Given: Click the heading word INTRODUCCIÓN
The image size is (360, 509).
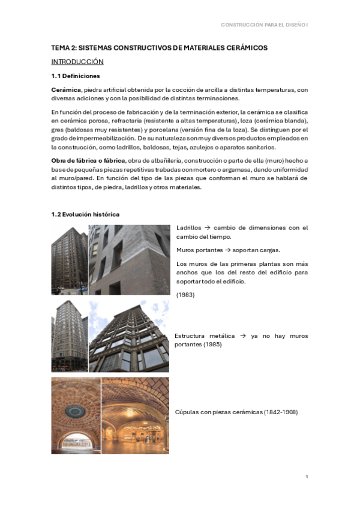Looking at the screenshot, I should (x=77, y=62).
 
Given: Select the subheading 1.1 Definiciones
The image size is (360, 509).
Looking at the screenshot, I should (x=76, y=76).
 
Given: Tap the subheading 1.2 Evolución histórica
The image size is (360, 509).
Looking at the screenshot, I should (x=85, y=214).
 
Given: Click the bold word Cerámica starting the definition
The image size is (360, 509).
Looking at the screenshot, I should (x=66, y=89).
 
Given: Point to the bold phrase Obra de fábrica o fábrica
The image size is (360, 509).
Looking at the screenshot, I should (x=88, y=161).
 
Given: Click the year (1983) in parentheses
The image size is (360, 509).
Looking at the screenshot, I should (x=186, y=294).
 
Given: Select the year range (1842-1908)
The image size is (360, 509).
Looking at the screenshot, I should (x=278, y=412).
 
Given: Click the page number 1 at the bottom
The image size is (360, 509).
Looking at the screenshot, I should (x=307, y=477).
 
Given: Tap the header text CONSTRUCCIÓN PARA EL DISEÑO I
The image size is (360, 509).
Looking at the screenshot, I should (x=264, y=25).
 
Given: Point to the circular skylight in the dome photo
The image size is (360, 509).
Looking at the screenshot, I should (x=75, y=411).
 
